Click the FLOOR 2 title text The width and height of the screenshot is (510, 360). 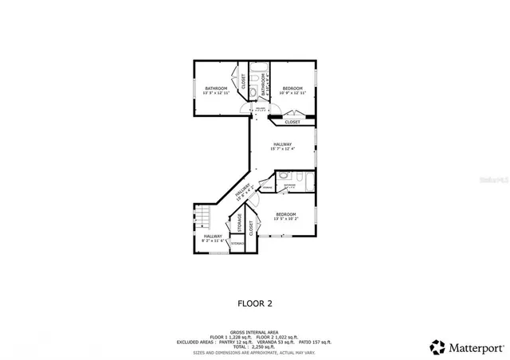255,303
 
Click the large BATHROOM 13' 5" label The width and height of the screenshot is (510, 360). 216,90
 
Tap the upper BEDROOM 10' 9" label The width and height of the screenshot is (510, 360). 292,90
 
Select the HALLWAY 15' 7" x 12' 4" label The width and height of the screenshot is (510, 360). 282,147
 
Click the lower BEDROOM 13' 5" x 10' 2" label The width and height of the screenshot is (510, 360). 286,217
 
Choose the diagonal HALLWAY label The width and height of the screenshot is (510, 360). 244,193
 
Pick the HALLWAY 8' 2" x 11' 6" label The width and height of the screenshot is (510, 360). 213,238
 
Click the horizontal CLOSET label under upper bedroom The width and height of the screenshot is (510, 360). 292,122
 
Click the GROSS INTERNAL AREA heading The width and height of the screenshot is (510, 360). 255,331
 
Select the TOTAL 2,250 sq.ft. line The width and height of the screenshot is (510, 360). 255,347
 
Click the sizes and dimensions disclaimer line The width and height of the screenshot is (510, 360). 255,353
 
